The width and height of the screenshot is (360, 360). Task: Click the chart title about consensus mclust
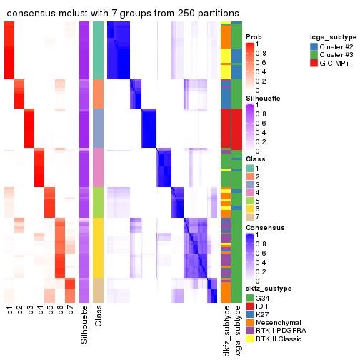pyautogui.click(x=122, y=14)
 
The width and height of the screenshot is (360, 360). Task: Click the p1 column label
pyautogui.click(x=10, y=311)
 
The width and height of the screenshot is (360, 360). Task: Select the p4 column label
pyautogui.click(x=40, y=311)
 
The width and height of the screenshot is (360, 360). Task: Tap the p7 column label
pyautogui.click(x=70, y=311)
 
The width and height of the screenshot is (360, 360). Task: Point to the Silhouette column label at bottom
pyautogui.click(x=85, y=326)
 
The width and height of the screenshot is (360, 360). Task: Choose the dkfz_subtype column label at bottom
pyautogui.click(x=226, y=330)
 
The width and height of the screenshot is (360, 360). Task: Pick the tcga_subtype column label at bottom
pyautogui.click(x=236, y=330)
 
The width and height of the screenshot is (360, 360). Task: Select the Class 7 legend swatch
pyautogui.click(x=249, y=216)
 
